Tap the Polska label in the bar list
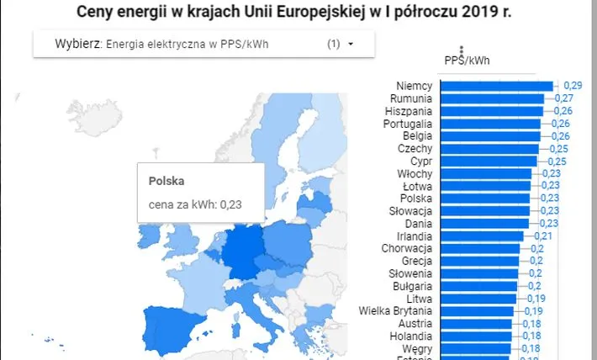click(x=417, y=199)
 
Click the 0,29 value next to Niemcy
click(x=573, y=85)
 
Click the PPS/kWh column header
click(x=468, y=60)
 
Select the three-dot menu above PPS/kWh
click(x=461, y=50)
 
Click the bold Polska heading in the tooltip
click(x=166, y=181)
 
